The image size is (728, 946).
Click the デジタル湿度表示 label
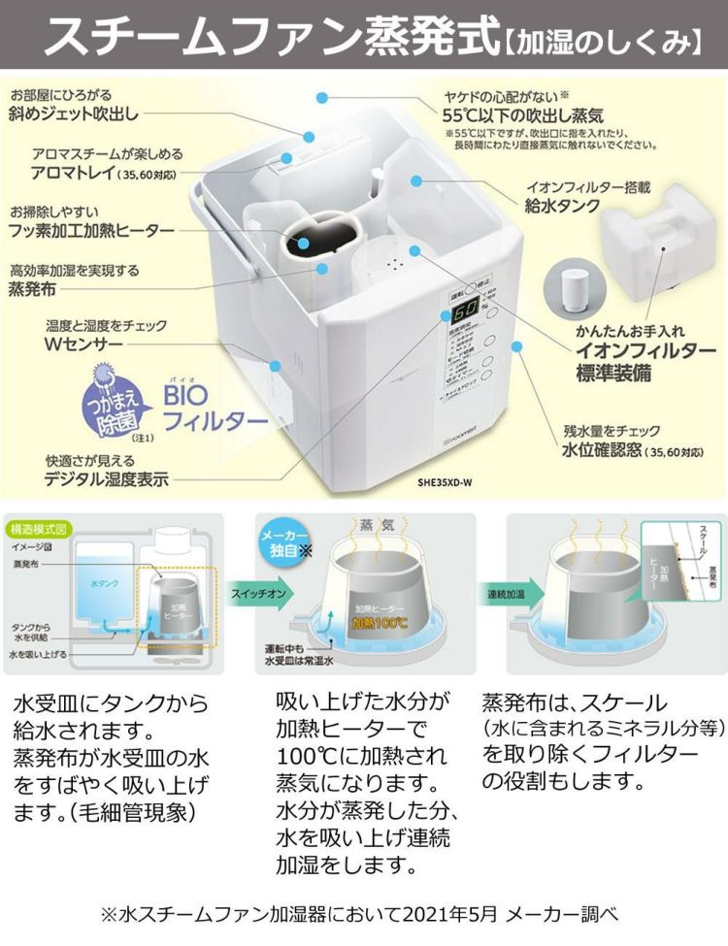(106, 478)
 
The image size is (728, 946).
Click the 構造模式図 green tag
(38, 530)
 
